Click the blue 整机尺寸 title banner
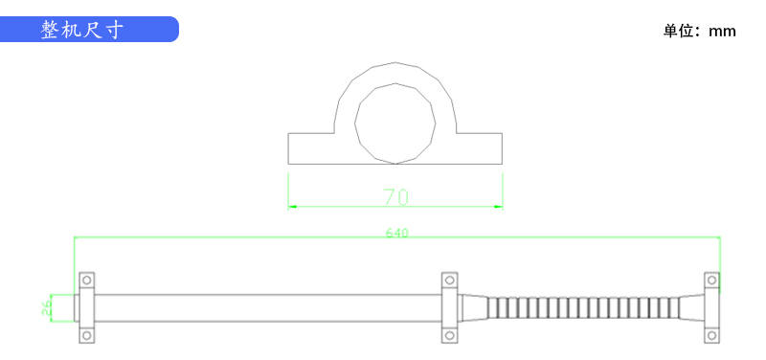[89, 30]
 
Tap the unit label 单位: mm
[699, 32]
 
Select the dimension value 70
[395, 197]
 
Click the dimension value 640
[396, 233]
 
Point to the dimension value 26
[46, 307]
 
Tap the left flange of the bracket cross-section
[311, 148]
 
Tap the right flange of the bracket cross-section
[480, 148]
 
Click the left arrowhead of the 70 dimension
[292, 207]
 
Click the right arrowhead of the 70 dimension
[498, 207]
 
